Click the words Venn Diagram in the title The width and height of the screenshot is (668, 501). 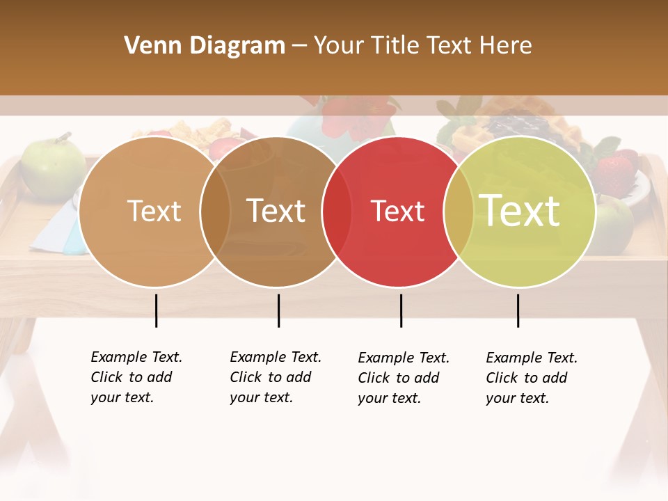[204, 46]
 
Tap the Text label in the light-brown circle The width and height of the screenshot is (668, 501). [154, 211]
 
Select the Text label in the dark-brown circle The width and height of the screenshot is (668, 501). [276, 211]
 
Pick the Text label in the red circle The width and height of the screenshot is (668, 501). [397, 211]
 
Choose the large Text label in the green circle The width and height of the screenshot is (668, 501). [520, 210]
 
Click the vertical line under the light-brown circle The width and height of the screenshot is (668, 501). [156, 310]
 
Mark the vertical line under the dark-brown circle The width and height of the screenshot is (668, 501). [278, 310]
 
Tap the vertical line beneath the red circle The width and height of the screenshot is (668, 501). [401, 310]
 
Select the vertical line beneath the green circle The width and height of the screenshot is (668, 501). [518, 310]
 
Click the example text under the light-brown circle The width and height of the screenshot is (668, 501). [136, 377]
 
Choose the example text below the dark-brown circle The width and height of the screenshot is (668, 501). [275, 377]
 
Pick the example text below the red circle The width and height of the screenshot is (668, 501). [403, 378]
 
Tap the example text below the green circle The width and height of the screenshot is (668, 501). [531, 378]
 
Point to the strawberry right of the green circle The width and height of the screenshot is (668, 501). [617, 170]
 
